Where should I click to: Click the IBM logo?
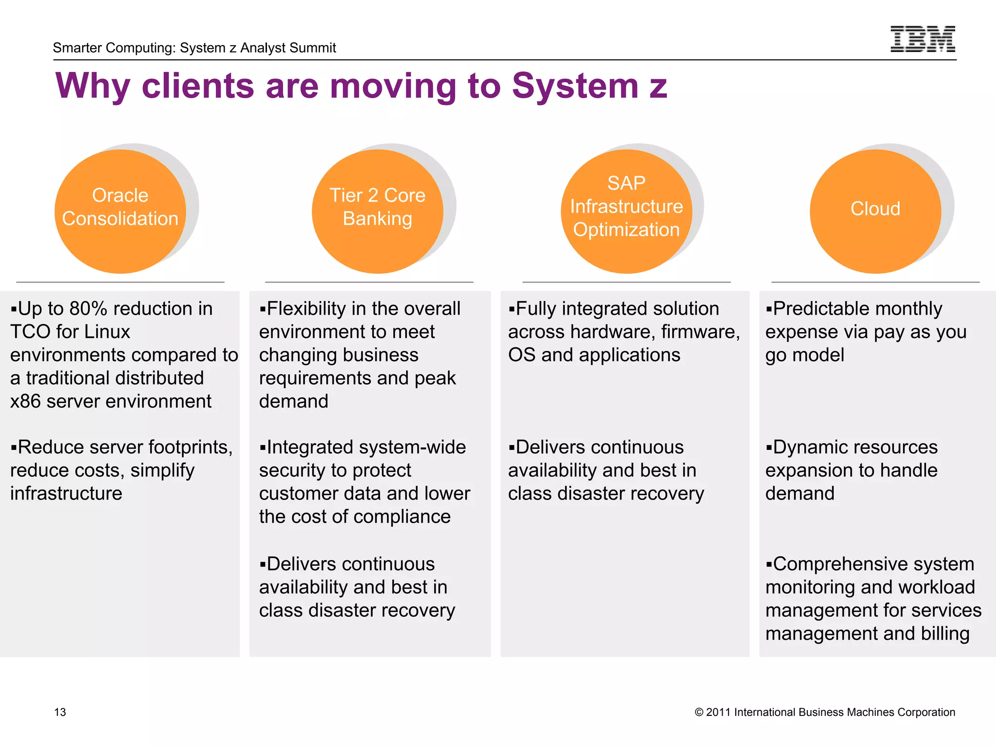[x=923, y=39]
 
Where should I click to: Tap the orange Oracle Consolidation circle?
[x=120, y=212]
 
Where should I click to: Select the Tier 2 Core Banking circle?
[x=377, y=212]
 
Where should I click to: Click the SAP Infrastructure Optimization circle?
[x=626, y=212]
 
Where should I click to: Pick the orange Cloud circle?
[x=875, y=212]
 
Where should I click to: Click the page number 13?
[x=60, y=712]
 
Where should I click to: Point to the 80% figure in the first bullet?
[x=88, y=309]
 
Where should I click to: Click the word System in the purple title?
[x=575, y=86]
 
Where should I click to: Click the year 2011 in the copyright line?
[x=718, y=712]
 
